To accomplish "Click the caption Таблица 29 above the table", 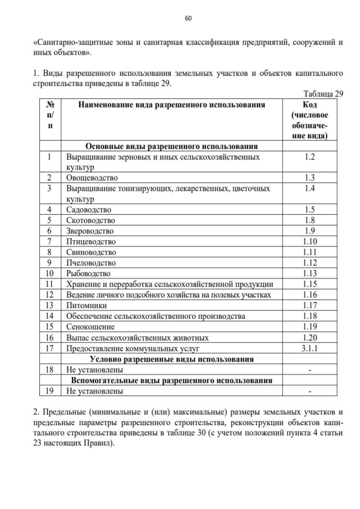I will coord(323,94).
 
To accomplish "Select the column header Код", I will coord(309,105).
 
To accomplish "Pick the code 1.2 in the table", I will coord(309,157).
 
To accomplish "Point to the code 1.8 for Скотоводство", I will coord(309,220).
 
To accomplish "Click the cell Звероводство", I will coord(90,231).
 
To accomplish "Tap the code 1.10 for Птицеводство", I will coord(309,241).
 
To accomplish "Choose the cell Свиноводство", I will coord(91,252).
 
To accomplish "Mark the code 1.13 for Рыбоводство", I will coord(309,273).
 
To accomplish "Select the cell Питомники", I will coord(87,305).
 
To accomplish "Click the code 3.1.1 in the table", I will coord(309,348).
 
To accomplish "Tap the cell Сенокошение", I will coord(90,327).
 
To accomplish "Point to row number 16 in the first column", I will coord(49,337).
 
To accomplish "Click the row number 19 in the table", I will coord(49,391).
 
